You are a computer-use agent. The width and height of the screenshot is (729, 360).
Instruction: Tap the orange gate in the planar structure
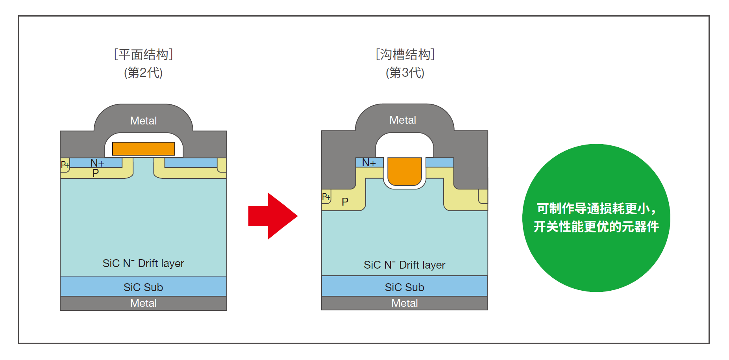[x=144, y=148]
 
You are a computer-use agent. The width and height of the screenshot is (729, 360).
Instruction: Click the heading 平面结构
[x=144, y=54]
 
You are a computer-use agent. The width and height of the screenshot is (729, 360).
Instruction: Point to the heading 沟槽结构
[x=405, y=54]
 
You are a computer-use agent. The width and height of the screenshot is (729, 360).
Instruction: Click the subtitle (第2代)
[x=143, y=72]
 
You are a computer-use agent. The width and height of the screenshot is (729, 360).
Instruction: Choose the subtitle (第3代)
[x=405, y=72]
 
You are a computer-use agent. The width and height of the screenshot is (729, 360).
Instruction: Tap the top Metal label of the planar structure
[x=143, y=121]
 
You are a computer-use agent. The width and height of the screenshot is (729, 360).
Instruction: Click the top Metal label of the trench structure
[x=402, y=120]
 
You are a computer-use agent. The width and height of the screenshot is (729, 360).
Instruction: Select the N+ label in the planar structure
[x=97, y=163]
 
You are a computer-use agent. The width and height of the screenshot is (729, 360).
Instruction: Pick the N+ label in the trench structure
[x=369, y=162]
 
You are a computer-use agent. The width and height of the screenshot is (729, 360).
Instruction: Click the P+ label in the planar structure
[x=65, y=165]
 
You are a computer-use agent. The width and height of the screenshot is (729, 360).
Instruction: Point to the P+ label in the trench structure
[x=326, y=196]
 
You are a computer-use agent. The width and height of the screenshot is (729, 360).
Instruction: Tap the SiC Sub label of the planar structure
[x=143, y=287]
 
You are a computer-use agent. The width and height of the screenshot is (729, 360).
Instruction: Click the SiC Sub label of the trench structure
[x=404, y=287]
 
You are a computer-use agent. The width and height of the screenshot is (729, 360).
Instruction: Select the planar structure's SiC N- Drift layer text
[x=143, y=263]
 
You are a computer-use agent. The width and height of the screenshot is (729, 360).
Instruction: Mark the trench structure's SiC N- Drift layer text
[x=404, y=265]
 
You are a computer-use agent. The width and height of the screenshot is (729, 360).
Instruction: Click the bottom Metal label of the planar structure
[x=143, y=303]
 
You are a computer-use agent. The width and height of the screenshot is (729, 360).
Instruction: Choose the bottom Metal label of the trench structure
[x=404, y=303]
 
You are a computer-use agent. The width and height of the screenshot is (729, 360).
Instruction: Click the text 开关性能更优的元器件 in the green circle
[x=596, y=226]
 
